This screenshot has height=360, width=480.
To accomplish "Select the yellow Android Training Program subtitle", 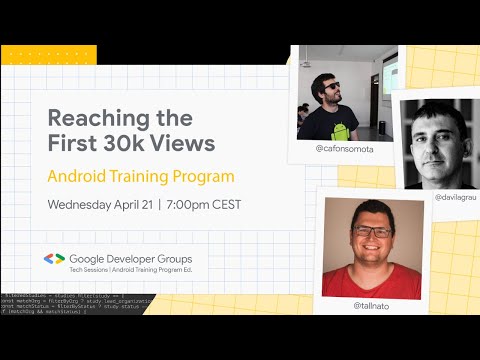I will pyautogui.click(x=141, y=177).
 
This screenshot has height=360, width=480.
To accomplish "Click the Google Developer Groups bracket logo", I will pyautogui.click(x=53, y=260).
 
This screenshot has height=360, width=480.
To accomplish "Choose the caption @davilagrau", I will pyautogui.click(x=456, y=198).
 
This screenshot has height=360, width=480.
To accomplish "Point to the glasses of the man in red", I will pyautogui.click(x=371, y=232).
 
